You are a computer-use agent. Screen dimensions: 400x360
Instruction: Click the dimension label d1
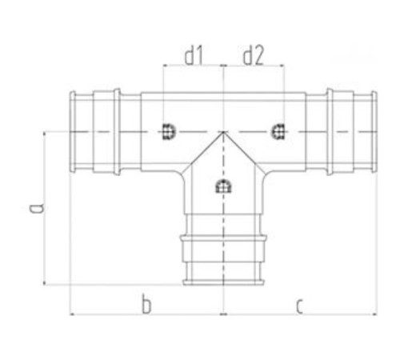coord(194,55)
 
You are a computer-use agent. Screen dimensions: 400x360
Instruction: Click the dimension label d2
coord(253,55)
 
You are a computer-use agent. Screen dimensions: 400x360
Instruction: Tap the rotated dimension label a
coord(36,208)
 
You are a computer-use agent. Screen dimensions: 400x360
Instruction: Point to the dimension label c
coord(299,307)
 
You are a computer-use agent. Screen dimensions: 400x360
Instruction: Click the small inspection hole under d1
coord(169,131)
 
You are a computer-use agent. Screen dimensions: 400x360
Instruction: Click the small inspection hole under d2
coord(278,131)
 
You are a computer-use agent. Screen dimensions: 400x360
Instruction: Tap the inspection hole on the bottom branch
coord(223,186)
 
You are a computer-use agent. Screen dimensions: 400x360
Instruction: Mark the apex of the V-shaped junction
coord(223,132)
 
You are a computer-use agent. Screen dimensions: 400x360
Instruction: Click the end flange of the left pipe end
coord(72,132)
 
